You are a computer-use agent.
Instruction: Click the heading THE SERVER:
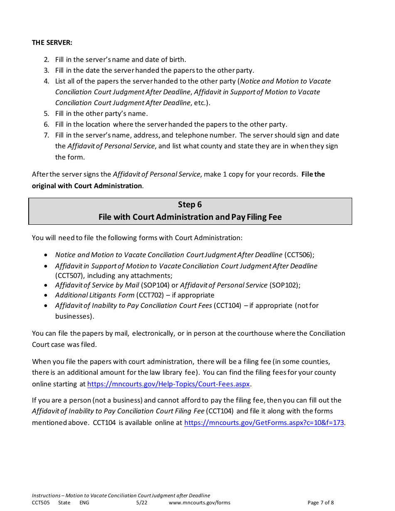click(52, 42)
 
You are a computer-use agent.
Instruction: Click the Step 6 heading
click(190, 204)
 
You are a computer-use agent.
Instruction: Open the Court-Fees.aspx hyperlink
click(168, 384)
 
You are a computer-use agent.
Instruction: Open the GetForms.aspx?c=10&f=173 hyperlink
click(264, 423)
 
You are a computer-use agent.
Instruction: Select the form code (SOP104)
click(155, 285)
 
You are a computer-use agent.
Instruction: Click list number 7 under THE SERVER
click(47, 135)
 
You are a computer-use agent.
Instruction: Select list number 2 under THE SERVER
click(47, 59)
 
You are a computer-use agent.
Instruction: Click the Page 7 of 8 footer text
click(321, 503)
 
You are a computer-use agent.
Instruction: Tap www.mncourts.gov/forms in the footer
click(199, 503)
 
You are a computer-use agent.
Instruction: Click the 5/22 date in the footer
click(142, 503)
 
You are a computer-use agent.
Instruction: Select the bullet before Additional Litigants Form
click(45, 295)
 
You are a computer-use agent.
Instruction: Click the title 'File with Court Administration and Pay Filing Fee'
click(190, 217)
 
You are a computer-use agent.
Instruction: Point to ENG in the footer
click(84, 503)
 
